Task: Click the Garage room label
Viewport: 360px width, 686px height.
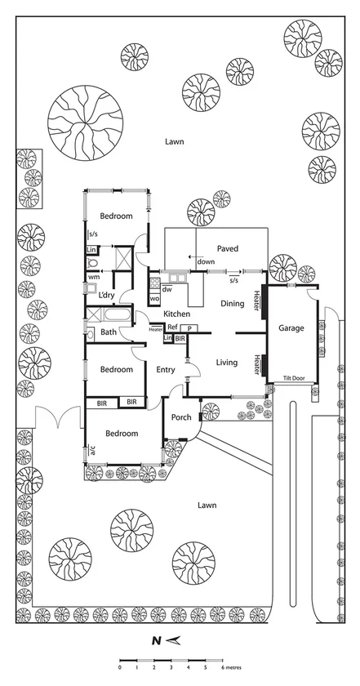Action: [291, 328]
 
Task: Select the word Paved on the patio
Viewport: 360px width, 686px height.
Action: [228, 248]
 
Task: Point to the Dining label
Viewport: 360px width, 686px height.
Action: [233, 304]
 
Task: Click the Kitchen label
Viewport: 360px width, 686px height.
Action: [177, 314]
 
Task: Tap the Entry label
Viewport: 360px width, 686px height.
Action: [166, 370]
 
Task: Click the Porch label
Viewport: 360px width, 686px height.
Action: [181, 417]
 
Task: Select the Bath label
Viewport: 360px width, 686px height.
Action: [109, 332]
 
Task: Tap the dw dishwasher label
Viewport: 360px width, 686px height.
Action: [167, 289]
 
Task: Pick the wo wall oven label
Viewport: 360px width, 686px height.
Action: [154, 300]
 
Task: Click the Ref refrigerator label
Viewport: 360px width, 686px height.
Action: [172, 327]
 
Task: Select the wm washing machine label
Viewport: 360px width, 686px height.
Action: [94, 277]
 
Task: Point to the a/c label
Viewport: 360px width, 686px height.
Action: [93, 450]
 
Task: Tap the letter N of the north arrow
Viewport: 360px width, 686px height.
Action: [155, 641]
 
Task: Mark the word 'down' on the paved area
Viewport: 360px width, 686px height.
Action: [207, 262]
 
